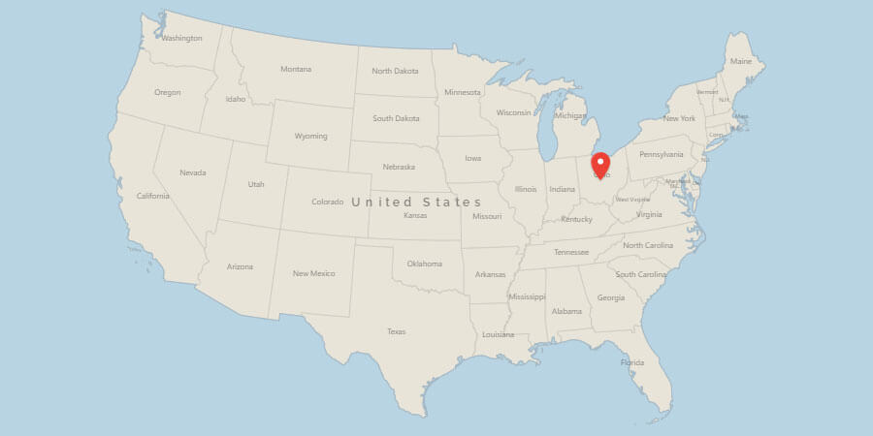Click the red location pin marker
(600, 164)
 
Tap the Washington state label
(181, 39)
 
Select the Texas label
(396, 331)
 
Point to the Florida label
(632, 362)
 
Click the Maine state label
(741, 61)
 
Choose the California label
(153, 196)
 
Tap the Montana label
(296, 69)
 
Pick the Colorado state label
(328, 202)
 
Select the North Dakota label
(395, 71)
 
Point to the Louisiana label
(498, 334)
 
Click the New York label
(679, 118)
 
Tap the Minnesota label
(462, 92)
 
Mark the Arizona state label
(240, 266)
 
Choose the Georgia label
(611, 297)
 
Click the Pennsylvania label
(662, 154)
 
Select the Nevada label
(193, 172)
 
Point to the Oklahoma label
(424, 264)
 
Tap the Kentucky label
(576, 219)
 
